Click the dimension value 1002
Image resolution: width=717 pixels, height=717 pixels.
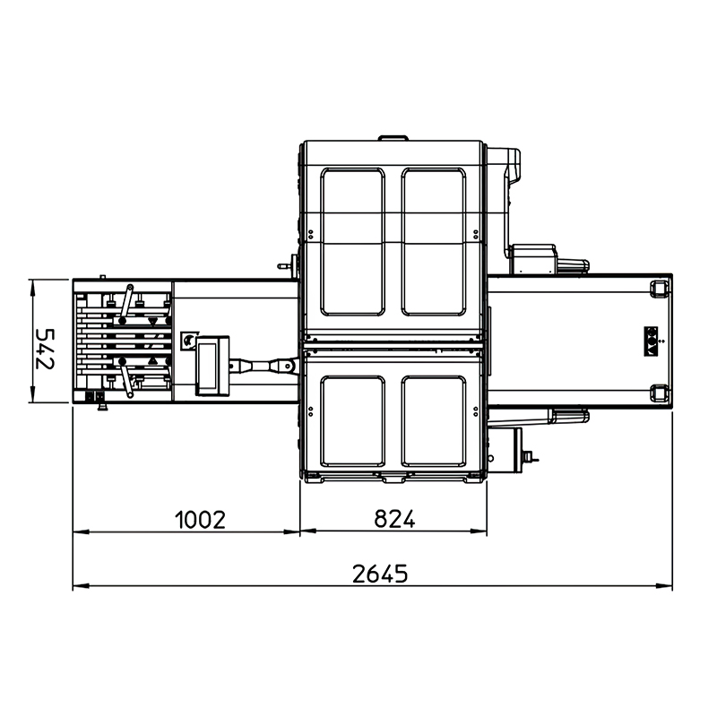pyautogui.click(x=200, y=520)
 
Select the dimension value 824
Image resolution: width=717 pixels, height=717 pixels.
pyautogui.click(x=394, y=519)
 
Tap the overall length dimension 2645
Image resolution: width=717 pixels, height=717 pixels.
pyautogui.click(x=379, y=574)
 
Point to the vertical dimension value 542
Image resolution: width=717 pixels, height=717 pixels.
pyautogui.click(x=46, y=349)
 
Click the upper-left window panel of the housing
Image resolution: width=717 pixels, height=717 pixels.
pyautogui.click(x=352, y=241)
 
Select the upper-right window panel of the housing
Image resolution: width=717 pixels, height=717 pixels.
pyautogui.click(x=434, y=241)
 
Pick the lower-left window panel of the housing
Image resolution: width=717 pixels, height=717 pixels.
pyautogui.click(x=352, y=420)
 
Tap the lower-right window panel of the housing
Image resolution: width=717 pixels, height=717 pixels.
pyautogui.click(x=434, y=420)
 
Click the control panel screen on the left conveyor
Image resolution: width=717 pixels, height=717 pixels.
pyautogui.click(x=207, y=366)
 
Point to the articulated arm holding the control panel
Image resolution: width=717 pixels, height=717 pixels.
pyautogui.click(x=263, y=366)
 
